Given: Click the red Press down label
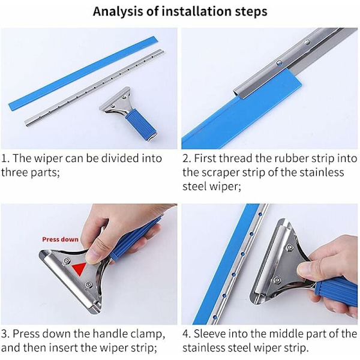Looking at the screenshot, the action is [60, 239].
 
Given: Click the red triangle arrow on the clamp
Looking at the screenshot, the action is [79, 269].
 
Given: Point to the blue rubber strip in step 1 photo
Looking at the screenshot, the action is [83, 73].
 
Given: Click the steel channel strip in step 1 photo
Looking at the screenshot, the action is [94, 88].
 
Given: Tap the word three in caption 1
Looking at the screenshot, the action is [14, 173].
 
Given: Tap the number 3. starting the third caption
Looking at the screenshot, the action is [5, 334].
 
